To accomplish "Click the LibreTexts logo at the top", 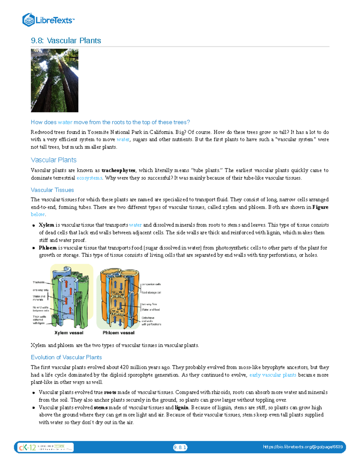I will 48,20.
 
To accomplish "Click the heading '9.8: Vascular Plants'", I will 66,41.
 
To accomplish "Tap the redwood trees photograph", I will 55,80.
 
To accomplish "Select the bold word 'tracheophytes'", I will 118,170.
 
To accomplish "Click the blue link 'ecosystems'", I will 89,178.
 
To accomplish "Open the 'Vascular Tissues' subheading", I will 52,190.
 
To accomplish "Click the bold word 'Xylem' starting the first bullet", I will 46,225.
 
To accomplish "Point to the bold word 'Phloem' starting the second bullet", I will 48,248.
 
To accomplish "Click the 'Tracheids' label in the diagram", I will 39,282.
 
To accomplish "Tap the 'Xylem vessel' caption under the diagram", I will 69,333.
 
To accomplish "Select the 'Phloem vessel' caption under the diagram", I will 118,333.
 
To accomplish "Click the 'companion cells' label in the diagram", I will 151,284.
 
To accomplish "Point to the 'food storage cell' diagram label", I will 151,292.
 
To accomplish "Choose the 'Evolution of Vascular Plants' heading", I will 66,357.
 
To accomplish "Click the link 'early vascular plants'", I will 273,375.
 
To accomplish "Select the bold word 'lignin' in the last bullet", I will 181,407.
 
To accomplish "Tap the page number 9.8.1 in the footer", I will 180,447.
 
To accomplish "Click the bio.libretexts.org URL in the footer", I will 303,447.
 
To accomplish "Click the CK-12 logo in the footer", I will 28,447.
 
